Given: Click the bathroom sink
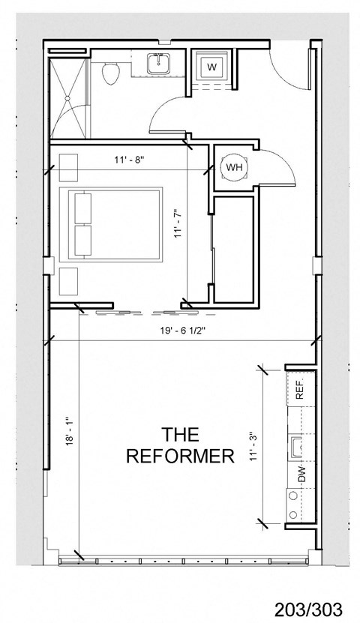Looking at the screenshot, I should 159,65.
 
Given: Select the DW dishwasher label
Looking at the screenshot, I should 301,474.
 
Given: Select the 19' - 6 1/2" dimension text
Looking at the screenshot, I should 180,328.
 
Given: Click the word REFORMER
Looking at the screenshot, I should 180,456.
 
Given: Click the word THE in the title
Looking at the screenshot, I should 180,433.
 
